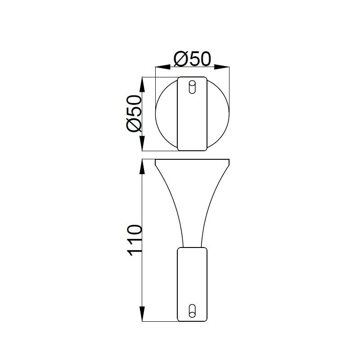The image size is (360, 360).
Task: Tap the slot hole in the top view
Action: [x=193, y=87]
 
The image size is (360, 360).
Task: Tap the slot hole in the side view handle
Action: [x=193, y=310]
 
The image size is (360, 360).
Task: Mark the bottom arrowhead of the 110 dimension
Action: [x=142, y=313]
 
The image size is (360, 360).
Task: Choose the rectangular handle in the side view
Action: [x=193, y=279]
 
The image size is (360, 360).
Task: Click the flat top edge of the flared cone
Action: [x=193, y=160]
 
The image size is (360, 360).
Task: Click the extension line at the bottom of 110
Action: [x=157, y=321]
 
